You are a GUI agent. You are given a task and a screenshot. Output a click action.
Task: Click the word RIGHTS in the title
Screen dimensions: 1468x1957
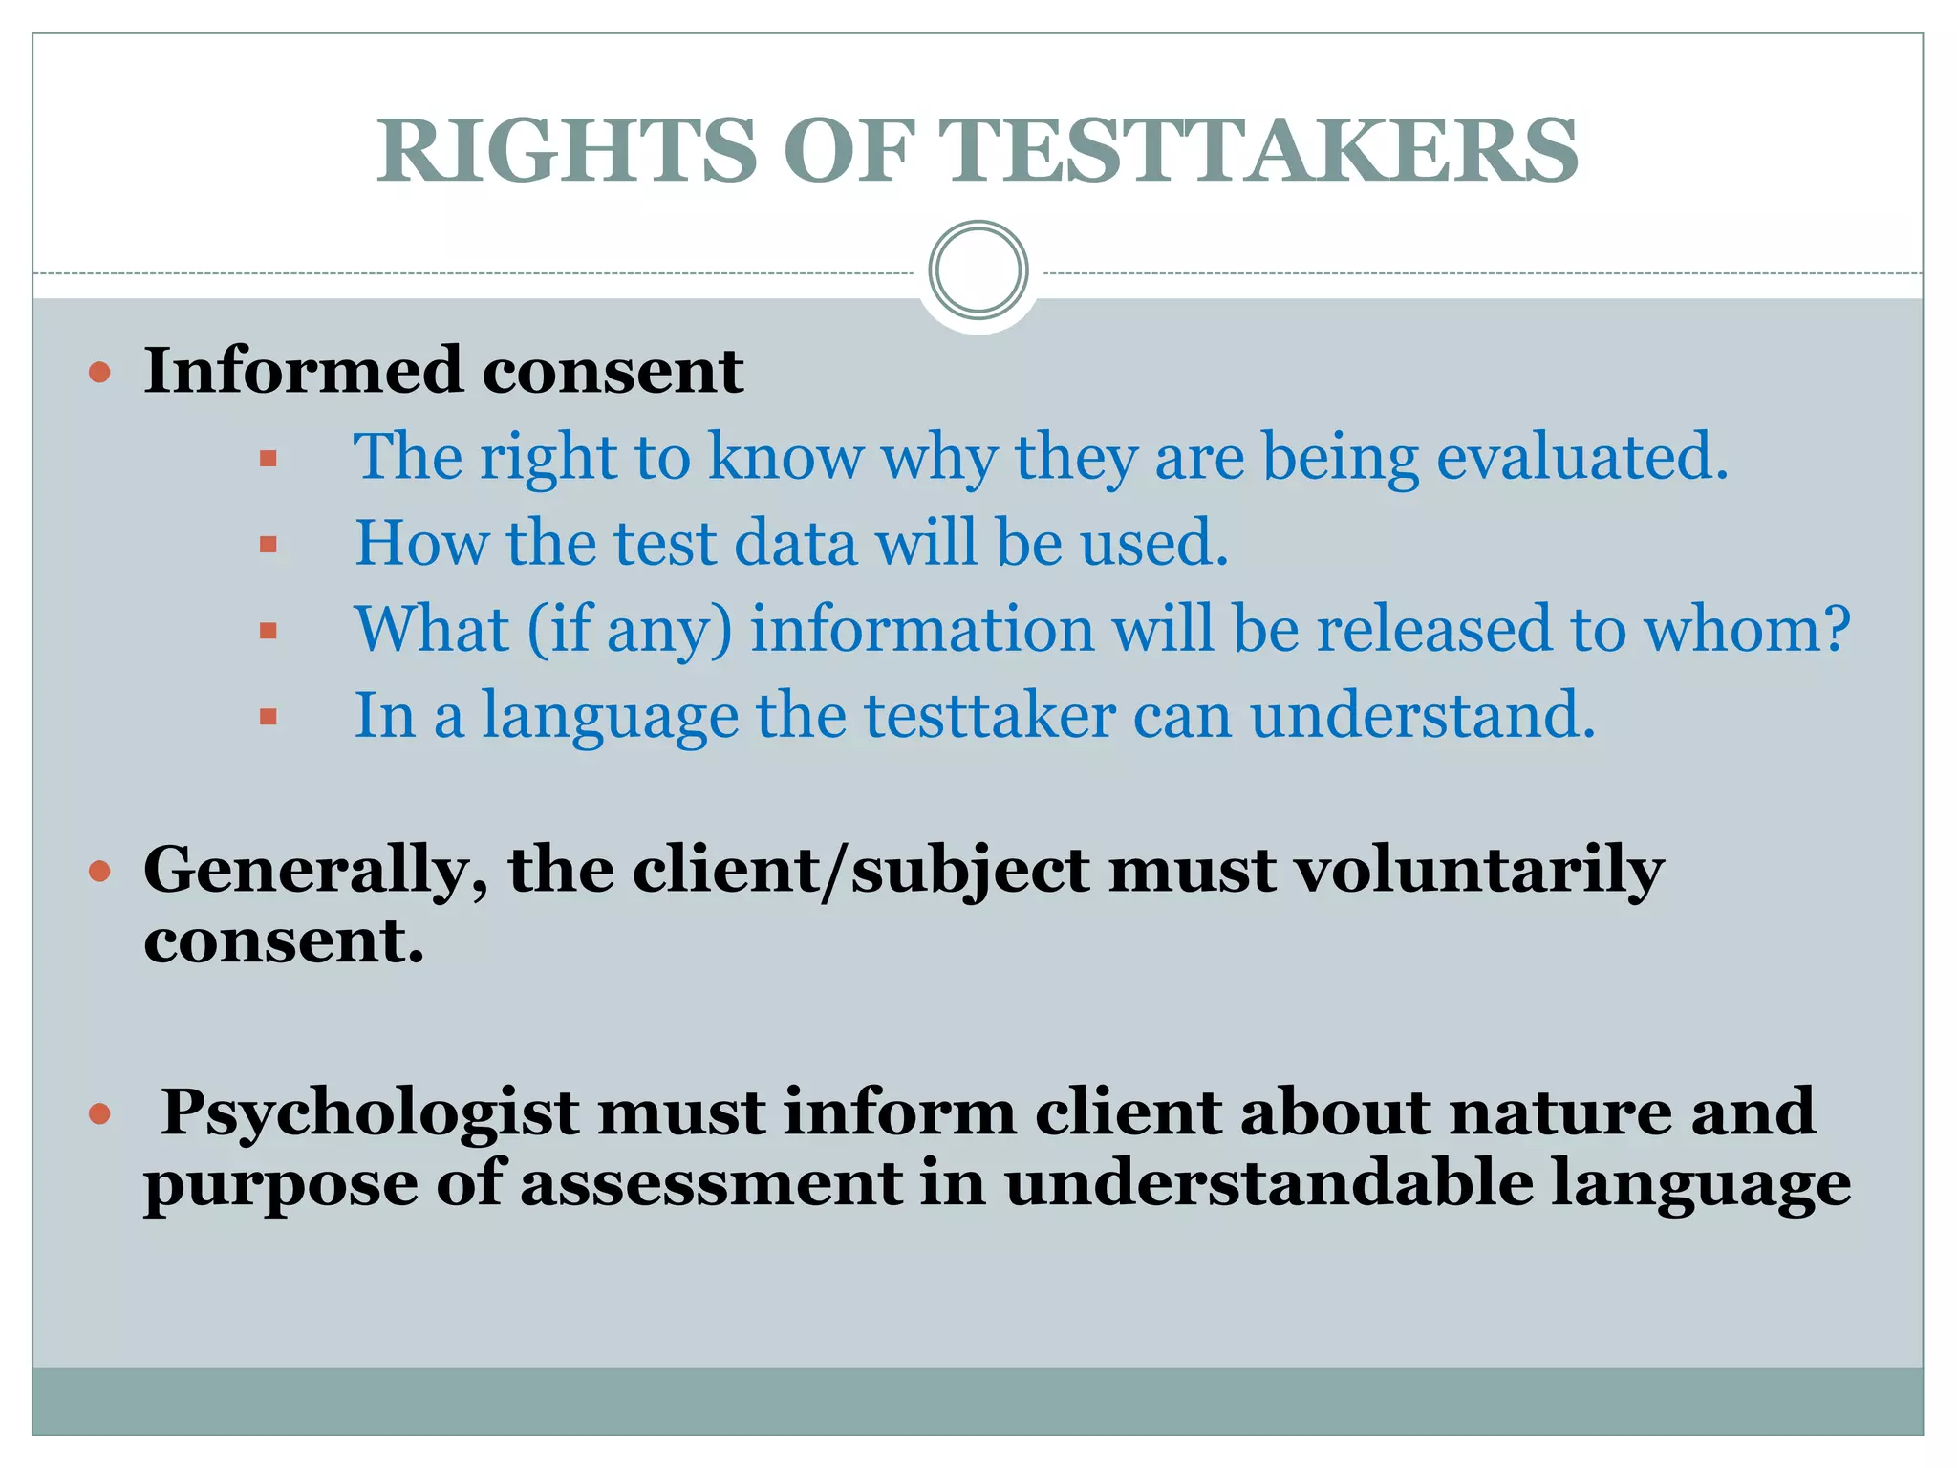567,151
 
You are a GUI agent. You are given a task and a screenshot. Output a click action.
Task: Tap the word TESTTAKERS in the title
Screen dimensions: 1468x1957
1258,151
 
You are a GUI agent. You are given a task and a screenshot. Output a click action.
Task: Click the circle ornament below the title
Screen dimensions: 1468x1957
978,270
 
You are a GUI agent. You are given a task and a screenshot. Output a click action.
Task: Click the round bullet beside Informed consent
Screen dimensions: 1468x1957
99,372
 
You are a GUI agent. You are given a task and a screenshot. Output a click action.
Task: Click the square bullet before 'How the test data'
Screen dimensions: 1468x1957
268,545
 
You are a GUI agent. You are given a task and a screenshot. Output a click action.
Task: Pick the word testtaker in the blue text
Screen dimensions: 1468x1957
990,715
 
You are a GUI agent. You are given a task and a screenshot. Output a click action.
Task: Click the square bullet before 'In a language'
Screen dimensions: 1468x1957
268,717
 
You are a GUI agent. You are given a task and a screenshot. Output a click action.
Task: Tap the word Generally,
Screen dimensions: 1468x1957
315,872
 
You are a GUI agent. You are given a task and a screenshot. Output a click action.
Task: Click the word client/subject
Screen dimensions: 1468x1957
860,872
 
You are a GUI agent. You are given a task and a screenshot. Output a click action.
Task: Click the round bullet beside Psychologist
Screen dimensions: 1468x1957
99,1114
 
